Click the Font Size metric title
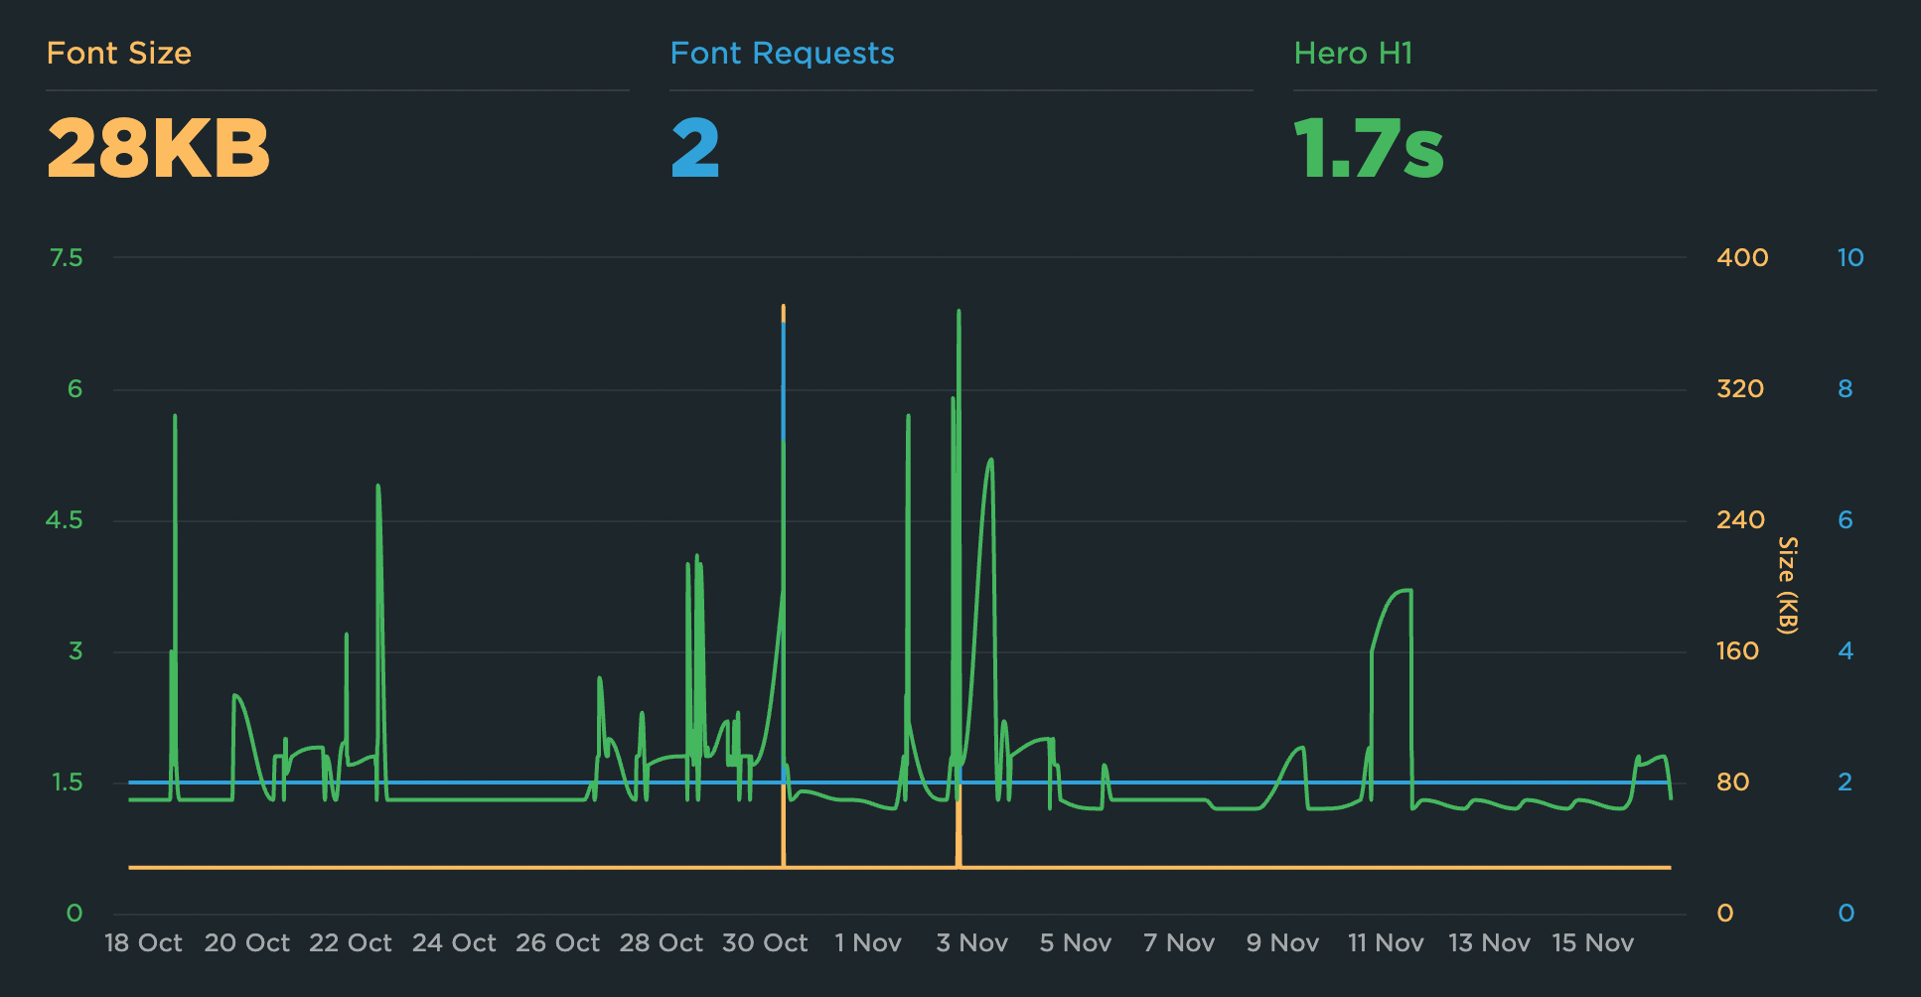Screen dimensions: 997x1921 click(119, 54)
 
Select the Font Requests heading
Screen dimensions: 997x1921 click(782, 54)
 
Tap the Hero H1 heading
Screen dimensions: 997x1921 click(1353, 54)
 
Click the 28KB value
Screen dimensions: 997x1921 click(159, 149)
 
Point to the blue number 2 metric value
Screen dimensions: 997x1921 click(695, 149)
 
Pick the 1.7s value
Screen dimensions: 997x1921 click(1369, 149)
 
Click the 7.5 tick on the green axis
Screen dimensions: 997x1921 click(67, 258)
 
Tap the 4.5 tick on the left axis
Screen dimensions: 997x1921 click(65, 520)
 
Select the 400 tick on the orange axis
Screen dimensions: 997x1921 click(1742, 258)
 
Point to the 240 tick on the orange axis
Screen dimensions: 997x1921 click(1740, 520)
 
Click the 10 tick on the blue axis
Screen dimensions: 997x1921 click(1849, 258)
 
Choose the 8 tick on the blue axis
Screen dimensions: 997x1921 click(1845, 389)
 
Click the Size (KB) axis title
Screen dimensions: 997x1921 click(1787, 585)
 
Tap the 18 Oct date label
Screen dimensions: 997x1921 click(143, 943)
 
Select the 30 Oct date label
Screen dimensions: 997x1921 click(765, 943)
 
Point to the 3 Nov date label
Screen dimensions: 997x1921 click(971, 943)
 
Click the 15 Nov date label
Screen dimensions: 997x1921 click(1592, 943)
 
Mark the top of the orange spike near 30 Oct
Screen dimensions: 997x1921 click(784, 308)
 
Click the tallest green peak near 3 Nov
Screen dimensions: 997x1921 click(959, 312)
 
